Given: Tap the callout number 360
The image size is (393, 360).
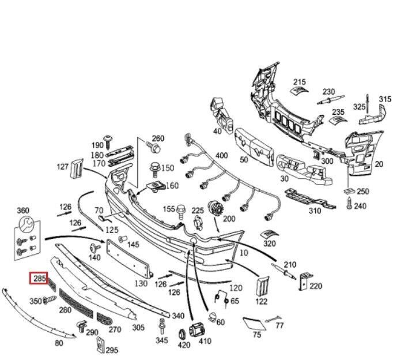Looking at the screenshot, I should pos(23,211).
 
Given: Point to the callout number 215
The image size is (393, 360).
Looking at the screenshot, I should pos(300,82).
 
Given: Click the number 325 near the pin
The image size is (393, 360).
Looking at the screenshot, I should pos(359,107).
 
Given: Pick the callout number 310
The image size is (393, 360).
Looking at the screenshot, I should pos(315,211).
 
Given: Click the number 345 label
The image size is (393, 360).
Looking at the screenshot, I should pos(162,341).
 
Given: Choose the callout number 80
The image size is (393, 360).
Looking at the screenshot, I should pos(59,344).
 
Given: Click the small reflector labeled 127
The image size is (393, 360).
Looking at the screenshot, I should pos(75,168).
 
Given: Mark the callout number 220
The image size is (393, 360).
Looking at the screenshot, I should pos(316,286).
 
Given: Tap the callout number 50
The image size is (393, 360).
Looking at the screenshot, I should pos(244,160).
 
